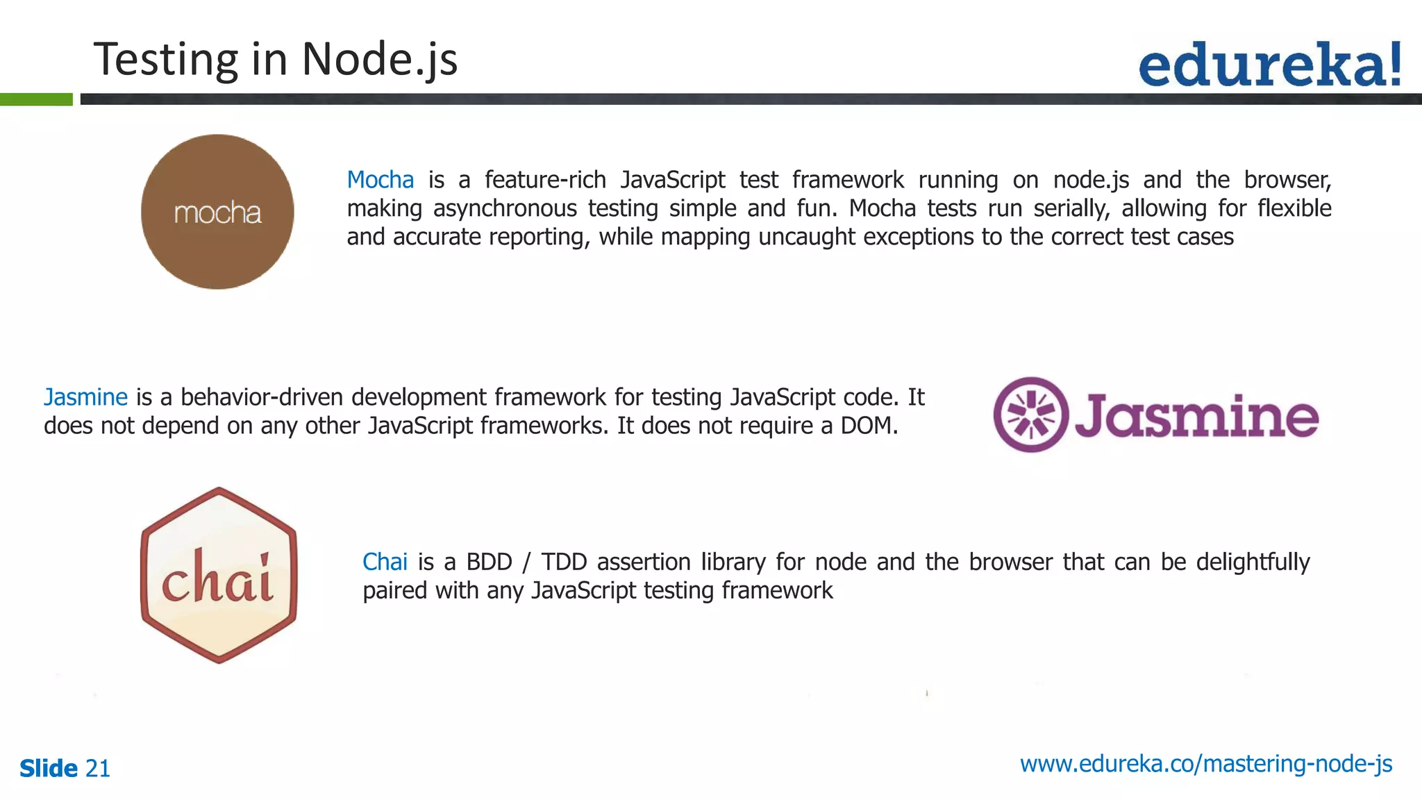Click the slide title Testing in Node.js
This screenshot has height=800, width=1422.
point(276,60)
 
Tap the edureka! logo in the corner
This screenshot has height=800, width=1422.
point(1270,65)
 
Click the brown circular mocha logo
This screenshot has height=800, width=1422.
point(217,212)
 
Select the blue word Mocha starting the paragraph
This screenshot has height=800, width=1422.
point(380,180)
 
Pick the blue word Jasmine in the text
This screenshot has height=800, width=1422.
point(85,397)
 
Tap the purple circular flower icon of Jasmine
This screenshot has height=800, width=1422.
point(1030,415)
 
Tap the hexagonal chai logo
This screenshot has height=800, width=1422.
point(219,575)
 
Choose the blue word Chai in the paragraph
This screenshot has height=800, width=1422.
point(385,562)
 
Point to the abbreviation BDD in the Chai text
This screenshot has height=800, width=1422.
point(489,562)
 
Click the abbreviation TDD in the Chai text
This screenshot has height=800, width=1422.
point(564,562)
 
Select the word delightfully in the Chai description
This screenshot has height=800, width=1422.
point(1253,562)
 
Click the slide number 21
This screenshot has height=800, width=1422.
point(97,769)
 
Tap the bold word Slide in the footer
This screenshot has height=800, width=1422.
point(49,769)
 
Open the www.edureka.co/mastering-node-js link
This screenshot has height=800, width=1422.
point(1206,764)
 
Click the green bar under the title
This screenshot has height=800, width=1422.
point(36,99)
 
